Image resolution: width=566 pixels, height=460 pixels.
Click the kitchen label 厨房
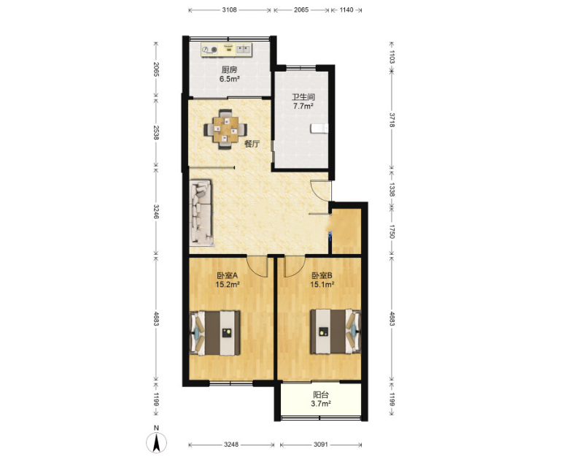(x=229, y=70)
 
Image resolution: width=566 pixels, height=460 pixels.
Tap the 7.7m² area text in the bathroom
(x=303, y=106)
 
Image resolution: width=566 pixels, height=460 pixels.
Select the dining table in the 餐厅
(x=225, y=129)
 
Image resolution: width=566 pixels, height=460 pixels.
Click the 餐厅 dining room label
(x=252, y=144)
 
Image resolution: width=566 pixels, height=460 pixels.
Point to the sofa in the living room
(x=201, y=213)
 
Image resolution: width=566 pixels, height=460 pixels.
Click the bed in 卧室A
(x=215, y=332)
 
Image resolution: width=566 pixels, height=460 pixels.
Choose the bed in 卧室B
(x=336, y=331)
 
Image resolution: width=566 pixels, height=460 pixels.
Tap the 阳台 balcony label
(x=320, y=394)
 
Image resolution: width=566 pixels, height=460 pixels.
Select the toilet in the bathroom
(x=319, y=129)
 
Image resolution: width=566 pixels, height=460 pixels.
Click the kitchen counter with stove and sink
(x=226, y=50)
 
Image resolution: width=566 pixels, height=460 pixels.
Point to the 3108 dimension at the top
(x=229, y=10)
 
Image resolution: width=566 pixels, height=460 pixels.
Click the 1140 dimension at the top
(x=346, y=10)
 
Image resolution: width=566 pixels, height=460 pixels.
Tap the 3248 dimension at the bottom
(x=231, y=445)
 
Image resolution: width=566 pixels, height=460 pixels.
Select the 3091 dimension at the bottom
(x=320, y=445)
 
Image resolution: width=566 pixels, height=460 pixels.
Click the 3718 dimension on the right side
(x=392, y=120)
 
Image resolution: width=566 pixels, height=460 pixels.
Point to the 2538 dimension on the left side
(x=156, y=133)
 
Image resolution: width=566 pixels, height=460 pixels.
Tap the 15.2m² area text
(x=228, y=284)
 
